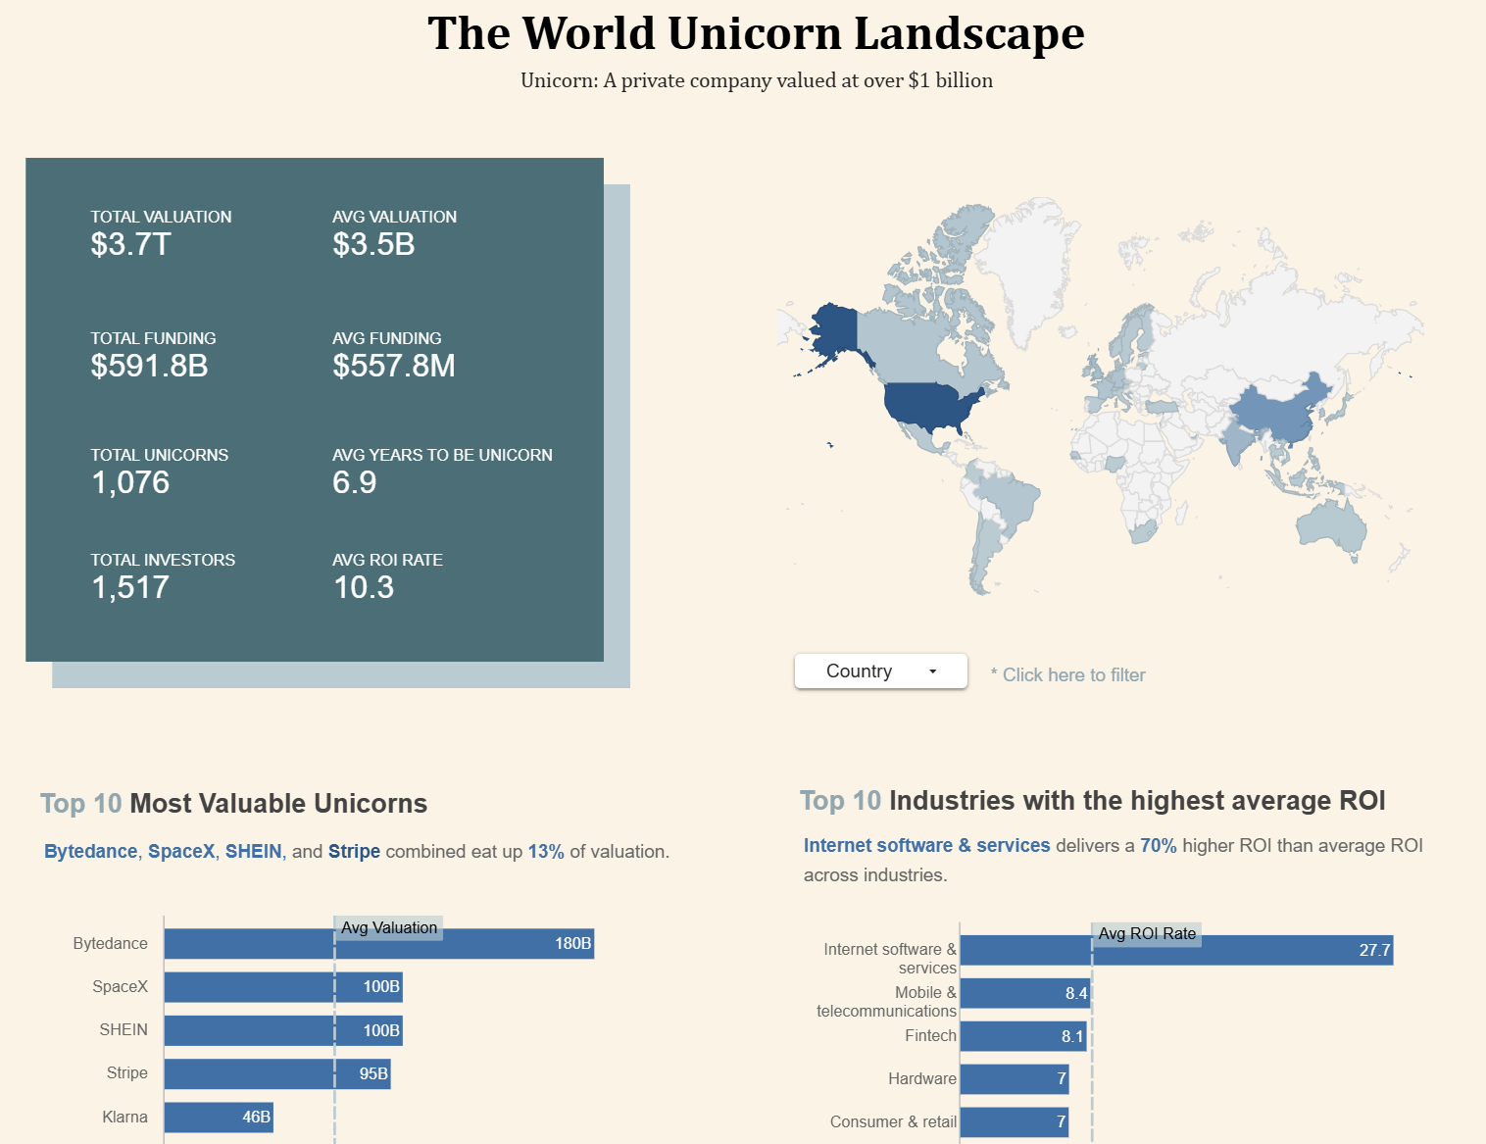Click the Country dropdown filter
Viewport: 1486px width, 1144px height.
click(880, 671)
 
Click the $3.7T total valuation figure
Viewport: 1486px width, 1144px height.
click(131, 244)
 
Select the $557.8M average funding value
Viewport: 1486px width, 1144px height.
click(394, 366)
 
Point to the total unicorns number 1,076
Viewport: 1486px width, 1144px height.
click(130, 482)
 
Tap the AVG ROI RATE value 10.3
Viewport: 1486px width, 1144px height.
click(364, 587)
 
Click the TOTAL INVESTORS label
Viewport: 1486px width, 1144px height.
click(163, 560)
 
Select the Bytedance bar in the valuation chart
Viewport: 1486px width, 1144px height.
click(378, 944)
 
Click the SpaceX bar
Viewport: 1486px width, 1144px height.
click(282, 987)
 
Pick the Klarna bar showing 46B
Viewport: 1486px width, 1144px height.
click(218, 1118)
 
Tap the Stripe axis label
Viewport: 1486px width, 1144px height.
click(127, 1073)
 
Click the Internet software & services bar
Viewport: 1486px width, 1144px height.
click(1175, 950)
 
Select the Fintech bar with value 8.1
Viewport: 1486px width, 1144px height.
click(1023, 1036)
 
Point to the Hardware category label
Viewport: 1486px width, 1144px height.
click(921, 1079)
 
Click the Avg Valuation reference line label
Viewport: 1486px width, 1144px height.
click(389, 927)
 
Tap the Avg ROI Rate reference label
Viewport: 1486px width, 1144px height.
click(1147, 933)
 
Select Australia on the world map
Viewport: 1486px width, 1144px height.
click(1332, 523)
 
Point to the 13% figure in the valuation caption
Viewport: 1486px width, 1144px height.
click(546, 852)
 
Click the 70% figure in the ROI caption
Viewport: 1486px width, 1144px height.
click(1158, 846)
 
